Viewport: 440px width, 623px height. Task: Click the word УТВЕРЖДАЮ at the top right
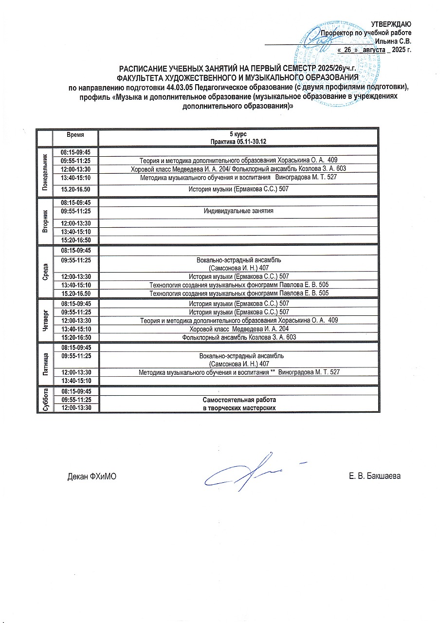pos(391,24)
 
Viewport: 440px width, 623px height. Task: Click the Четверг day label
pos(45,320)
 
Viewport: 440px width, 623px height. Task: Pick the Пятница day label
pos(45,364)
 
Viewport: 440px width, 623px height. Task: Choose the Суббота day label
pos(45,400)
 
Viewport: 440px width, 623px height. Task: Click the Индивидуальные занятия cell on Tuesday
pos(238,211)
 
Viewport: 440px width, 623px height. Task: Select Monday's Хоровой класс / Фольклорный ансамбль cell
pos(238,169)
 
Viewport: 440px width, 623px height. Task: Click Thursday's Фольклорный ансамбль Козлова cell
pos(238,337)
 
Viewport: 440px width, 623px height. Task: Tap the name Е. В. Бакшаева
pos(374,476)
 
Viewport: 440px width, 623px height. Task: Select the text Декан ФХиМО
pos(92,476)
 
